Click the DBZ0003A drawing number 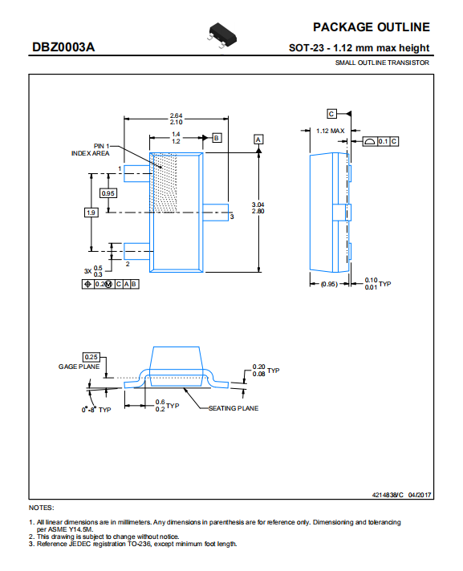click(63, 47)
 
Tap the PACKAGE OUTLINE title click(372, 27)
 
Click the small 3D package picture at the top click(221, 35)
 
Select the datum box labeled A click(258, 140)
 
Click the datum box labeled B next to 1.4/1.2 click(217, 138)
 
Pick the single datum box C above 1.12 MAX click(331, 114)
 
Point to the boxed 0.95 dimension click(108, 193)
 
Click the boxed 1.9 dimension click(91, 213)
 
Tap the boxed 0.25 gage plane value click(91, 357)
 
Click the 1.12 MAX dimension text click(330, 131)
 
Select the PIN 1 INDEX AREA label click(91, 150)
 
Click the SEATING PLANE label click(234, 408)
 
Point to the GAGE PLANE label click(79, 366)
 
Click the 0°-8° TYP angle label click(96, 410)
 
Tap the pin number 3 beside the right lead click(232, 217)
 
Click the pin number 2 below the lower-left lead click(128, 264)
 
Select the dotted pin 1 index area click(164, 183)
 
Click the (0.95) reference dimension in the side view click(329, 284)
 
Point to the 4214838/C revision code click(388, 495)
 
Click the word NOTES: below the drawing click(42, 508)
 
